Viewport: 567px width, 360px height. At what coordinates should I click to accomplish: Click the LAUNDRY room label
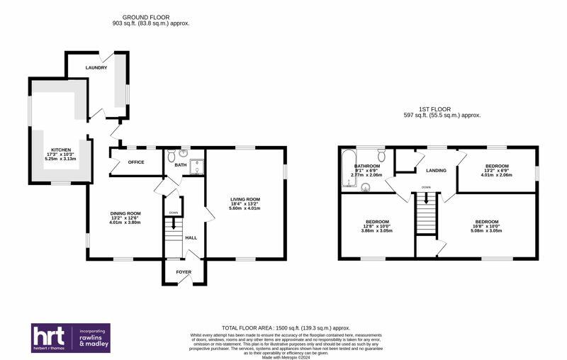tap(96, 68)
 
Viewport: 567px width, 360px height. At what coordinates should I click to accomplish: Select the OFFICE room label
tap(135, 162)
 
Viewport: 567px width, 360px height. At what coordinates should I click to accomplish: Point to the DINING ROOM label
tap(125, 213)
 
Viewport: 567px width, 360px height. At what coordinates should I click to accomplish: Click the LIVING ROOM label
tap(245, 199)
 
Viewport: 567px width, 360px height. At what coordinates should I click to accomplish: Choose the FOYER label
tap(184, 271)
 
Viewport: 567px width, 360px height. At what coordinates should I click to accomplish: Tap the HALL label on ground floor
tap(191, 237)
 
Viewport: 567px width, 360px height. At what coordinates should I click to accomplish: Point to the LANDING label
tap(436, 171)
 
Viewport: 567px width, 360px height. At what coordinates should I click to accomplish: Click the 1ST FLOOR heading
tap(442, 108)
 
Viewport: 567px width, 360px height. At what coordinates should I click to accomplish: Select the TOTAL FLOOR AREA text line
tap(286, 328)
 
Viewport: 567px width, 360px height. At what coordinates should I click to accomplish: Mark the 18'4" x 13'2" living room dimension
tap(245, 204)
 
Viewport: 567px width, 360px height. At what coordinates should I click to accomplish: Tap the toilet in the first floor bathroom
tap(381, 156)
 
